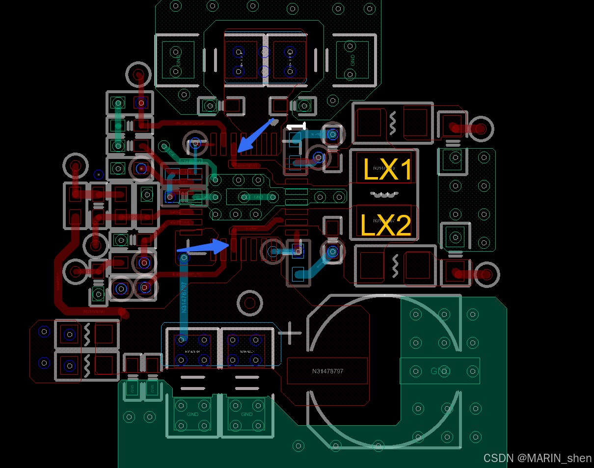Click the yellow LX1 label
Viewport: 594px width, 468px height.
[387, 169]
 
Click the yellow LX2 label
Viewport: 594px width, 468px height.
[385, 225]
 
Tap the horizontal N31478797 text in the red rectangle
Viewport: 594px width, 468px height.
[327, 371]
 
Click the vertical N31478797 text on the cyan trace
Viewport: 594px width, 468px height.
[184, 297]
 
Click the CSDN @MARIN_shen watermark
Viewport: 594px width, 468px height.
[537, 458]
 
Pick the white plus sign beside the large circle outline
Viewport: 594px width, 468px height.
[290, 333]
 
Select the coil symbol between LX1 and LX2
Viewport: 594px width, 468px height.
[383, 195]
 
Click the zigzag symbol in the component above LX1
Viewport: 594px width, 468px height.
[393, 123]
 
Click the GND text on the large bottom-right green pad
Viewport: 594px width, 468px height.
[440, 371]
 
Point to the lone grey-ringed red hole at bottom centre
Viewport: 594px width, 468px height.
[250, 303]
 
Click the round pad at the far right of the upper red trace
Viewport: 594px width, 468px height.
[481, 129]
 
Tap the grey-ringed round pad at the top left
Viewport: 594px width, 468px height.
[138, 75]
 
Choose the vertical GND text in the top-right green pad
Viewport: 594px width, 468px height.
[352, 60]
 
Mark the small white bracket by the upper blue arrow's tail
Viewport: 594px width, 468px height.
[297, 126]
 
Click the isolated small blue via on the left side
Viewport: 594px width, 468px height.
[99, 174]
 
